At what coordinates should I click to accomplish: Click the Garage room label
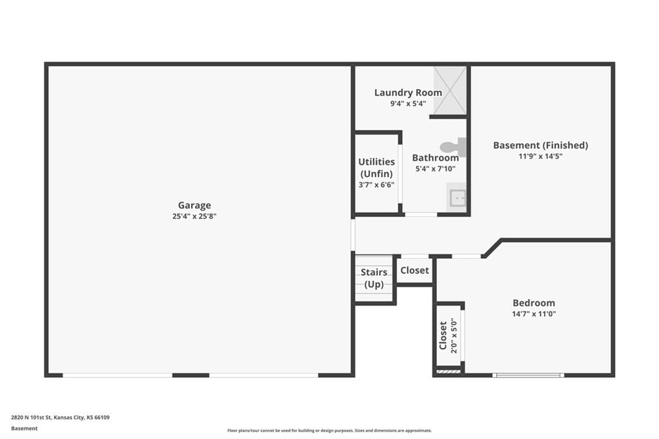coord(194,205)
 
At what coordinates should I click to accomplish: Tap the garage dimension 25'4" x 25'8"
coord(194,216)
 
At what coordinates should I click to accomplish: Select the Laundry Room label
coord(408,93)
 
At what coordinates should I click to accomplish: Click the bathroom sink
coord(457,197)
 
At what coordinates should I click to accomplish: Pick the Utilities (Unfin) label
coord(376,167)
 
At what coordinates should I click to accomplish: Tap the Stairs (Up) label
coord(374,278)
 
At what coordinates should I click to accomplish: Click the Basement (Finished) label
coord(541,145)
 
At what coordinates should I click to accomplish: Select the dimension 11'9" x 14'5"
coord(541,156)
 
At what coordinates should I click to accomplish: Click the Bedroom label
coord(534,303)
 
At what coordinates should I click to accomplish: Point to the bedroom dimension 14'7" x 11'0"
coord(534,313)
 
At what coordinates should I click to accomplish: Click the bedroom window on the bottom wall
coord(528,375)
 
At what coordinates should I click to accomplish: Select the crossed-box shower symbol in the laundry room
coord(450,90)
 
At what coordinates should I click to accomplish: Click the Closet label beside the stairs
coord(414,270)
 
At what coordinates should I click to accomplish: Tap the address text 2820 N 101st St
coord(31,418)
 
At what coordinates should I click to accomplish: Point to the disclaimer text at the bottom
coord(329,431)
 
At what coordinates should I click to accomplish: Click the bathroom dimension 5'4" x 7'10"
coord(436,169)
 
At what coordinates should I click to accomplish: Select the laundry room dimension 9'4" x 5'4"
coord(408,104)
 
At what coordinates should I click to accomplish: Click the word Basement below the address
coord(24,429)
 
